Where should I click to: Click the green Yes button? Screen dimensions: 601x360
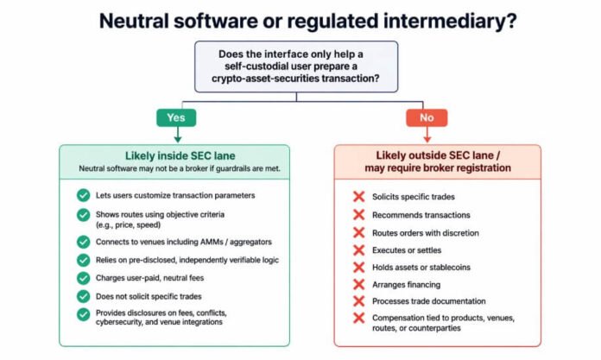(176, 117)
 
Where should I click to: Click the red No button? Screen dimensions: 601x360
(427, 117)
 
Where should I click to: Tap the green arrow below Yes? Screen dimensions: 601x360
(178, 135)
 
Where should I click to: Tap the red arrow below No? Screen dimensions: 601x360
(427, 135)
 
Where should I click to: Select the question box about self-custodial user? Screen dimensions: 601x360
(296, 66)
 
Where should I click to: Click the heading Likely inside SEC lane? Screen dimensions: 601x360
(180, 155)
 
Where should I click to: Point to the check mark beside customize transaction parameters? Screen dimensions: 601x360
(83, 195)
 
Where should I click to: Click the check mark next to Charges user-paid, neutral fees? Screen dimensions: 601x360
(83, 278)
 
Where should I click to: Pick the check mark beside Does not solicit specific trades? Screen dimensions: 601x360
(83, 296)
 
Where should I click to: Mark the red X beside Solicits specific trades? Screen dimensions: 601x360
(358, 197)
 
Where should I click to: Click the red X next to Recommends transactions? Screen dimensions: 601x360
(358, 215)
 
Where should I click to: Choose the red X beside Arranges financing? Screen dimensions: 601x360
(358, 285)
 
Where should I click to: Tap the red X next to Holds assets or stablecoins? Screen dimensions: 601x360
(358, 268)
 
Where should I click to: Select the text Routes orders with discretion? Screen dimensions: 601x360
(426, 233)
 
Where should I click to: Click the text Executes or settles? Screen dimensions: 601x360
(407, 250)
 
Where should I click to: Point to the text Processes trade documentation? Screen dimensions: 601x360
(429, 301)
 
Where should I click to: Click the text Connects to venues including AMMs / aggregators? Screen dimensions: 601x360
(184, 242)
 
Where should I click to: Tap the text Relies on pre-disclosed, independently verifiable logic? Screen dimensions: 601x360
(187, 260)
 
